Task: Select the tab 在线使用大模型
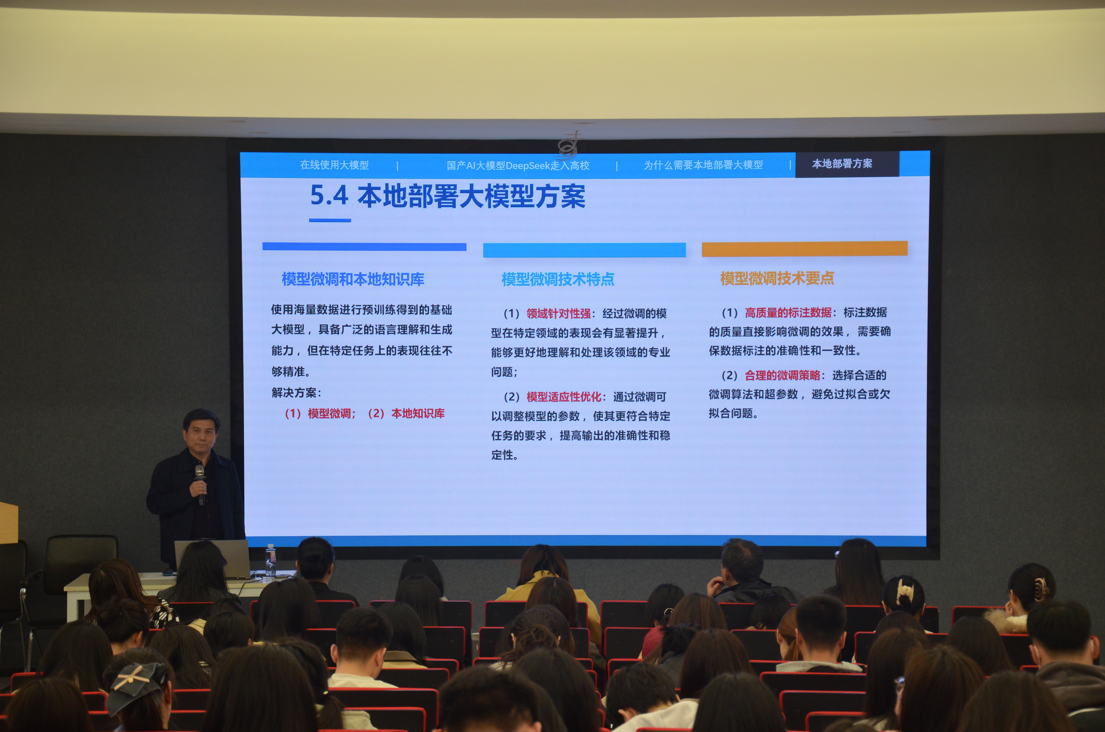pos(334,165)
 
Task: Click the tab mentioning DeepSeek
pos(518,165)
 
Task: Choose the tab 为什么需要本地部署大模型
pos(703,165)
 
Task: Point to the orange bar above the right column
pos(805,248)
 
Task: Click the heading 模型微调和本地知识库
pos(353,279)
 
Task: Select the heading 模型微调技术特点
pos(558,279)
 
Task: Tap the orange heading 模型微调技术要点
pos(777,278)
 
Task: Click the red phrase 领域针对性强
pos(559,313)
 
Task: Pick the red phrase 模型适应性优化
pos(564,397)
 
